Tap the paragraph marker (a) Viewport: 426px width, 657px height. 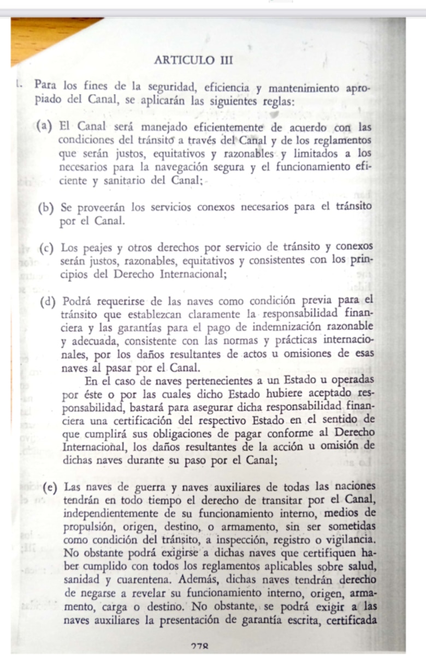pyautogui.click(x=45, y=128)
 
